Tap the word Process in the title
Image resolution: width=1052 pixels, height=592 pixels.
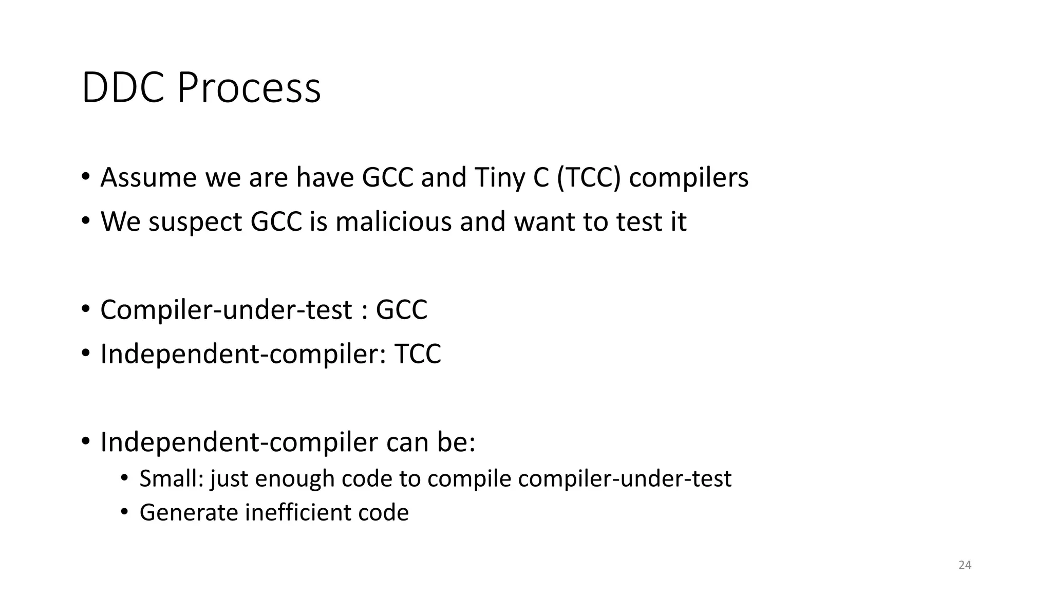point(249,88)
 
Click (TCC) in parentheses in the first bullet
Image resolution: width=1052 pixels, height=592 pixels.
point(589,177)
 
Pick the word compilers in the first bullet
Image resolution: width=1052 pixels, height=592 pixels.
point(689,177)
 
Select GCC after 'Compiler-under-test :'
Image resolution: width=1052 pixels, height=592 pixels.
point(402,309)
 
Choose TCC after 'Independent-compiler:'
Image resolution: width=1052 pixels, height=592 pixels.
point(418,354)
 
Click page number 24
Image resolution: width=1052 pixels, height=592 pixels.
point(965,565)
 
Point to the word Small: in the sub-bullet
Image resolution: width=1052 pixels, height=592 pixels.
point(172,478)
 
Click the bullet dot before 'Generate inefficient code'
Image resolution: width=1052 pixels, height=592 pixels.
point(124,512)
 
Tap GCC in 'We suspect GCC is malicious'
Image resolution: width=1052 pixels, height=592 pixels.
point(276,221)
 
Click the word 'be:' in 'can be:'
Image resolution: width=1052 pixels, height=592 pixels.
point(457,442)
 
